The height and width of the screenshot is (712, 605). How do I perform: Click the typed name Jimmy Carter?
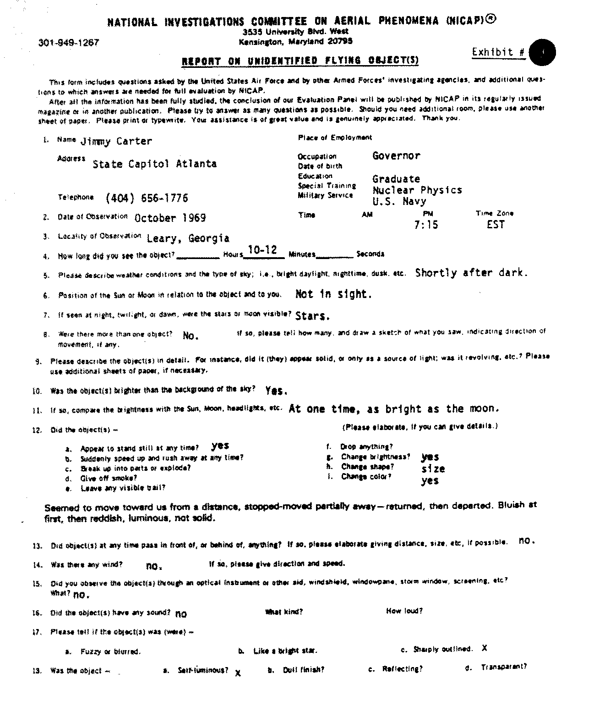(116, 141)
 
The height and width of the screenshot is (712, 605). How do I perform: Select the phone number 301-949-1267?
(69, 43)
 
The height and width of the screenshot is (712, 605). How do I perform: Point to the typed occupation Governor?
(396, 155)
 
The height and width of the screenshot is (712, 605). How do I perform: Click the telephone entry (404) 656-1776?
(147, 198)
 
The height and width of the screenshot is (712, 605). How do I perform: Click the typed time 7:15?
(426, 224)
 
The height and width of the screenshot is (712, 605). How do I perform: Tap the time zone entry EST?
(496, 224)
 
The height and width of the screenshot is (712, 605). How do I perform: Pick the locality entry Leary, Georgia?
(188, 238)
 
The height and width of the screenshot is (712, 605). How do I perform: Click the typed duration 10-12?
(262, 250)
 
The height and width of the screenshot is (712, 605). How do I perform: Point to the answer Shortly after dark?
(471, 273)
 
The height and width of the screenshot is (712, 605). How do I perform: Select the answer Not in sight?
(333, 294)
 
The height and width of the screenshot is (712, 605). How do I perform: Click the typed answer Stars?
(313, 316)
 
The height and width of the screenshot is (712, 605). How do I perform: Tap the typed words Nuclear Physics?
(417, 190)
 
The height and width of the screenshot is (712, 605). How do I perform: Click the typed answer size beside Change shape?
(433, 469)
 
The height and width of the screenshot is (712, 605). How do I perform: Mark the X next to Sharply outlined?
(484, 648)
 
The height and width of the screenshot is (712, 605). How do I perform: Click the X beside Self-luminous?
(238, 673)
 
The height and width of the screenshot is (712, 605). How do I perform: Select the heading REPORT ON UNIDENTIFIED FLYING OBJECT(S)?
(300, 61)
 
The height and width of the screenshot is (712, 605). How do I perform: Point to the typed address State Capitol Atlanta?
(154, 164)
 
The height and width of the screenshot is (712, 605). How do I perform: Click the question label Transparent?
(503, 667)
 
